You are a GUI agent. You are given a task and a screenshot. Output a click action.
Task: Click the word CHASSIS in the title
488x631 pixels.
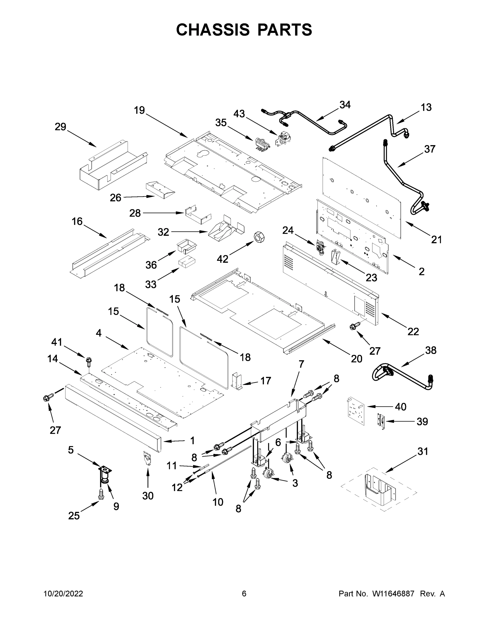point(213,30)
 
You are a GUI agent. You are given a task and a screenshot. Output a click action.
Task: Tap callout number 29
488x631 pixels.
point(61,126)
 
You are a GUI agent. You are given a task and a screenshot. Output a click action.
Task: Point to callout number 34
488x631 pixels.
point(345,105)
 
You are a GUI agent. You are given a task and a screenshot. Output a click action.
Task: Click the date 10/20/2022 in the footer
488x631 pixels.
point(63,593)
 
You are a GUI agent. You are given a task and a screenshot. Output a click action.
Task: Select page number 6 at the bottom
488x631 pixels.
point(244,593)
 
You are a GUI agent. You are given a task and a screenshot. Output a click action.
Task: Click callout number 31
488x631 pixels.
point(423,451)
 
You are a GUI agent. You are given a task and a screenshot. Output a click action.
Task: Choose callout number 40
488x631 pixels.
point(400,407)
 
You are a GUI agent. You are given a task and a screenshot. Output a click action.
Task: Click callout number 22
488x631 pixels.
point(413,331)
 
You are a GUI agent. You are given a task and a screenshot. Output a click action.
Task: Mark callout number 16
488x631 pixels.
point(77,221)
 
